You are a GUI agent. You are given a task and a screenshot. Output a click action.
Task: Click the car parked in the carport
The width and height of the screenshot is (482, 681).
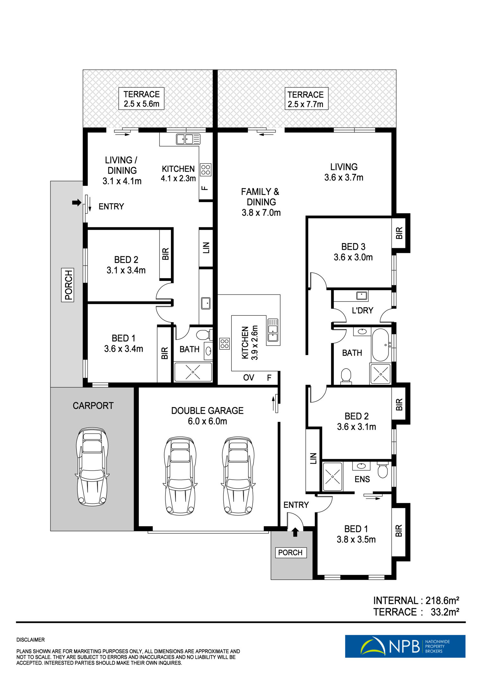click(x=92, y=467)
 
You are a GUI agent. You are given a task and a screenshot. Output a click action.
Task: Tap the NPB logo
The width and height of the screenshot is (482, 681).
click(x=405, y=646)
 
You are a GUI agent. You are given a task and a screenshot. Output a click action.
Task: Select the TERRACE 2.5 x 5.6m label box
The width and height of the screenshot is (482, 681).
click(x=141, y=99)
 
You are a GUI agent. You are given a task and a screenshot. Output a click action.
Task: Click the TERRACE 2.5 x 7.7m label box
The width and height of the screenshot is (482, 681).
click(x=306, y=99)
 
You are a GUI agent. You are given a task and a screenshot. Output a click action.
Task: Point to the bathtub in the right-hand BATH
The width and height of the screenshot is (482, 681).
click(x=380, y=345)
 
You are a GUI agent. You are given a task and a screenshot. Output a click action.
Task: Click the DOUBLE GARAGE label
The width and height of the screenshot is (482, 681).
click(x=207, y=416)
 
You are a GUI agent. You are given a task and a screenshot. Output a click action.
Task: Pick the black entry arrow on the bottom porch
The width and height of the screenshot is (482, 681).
click(x=295, y=532)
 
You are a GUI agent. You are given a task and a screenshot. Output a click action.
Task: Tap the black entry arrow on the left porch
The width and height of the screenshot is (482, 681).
click(x=76, y=202)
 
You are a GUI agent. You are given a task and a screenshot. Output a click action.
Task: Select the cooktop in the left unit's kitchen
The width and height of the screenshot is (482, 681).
click(x=206, y=170)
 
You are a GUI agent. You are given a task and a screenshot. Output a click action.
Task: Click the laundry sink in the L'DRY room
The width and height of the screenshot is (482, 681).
click(x=362, y=295)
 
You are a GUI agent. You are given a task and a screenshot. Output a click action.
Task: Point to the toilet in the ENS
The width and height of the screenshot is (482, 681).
click(x=383, y=470)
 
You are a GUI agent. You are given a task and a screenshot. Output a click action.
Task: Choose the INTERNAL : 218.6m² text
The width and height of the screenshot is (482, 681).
click(x=416, y=600)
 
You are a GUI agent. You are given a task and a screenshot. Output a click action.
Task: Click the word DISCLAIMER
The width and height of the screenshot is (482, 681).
click(x=31, y=640)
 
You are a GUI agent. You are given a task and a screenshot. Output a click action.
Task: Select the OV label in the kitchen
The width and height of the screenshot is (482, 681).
click(x=249, y=378)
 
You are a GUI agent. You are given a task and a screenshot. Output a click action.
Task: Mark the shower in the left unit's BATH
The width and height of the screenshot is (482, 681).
click(x=193, y=372)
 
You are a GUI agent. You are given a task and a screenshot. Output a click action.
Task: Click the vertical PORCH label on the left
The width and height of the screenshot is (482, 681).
click(x=68, y=285)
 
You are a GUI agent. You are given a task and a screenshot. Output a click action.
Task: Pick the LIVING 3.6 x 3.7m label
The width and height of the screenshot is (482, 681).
click(x=344, y=172)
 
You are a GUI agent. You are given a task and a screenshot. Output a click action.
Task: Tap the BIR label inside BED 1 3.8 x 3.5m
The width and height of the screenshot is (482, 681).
click(x=399, y=531)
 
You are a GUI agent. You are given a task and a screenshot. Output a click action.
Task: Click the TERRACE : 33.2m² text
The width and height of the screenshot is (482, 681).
click(x=416, y=612)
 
